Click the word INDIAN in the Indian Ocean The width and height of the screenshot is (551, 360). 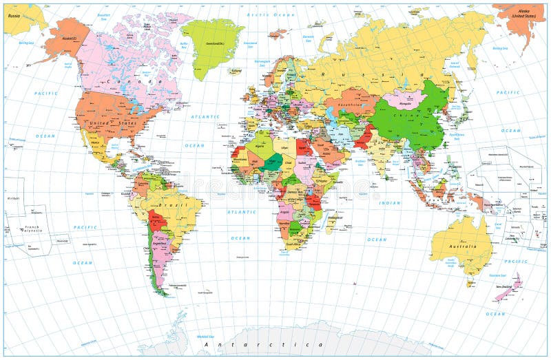389,203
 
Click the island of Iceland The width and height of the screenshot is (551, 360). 236,71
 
